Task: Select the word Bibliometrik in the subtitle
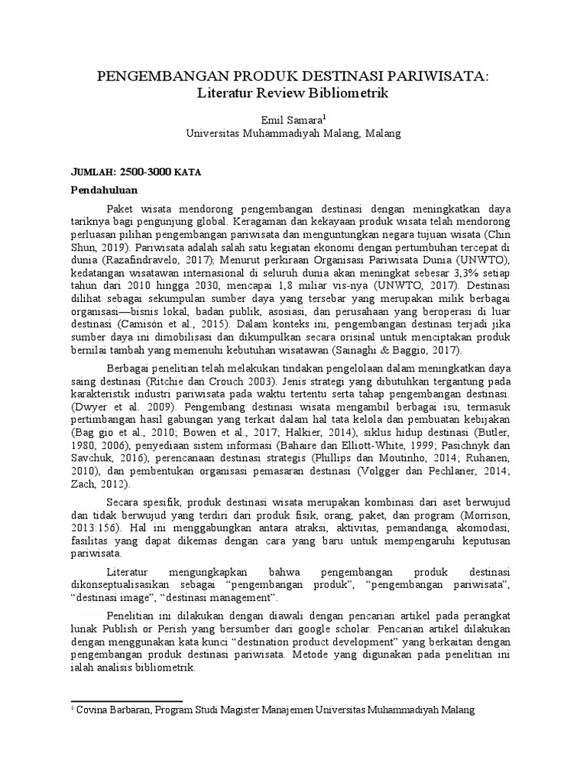click(x=349, y=93)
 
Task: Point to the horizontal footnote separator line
click(x=126, y=700)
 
